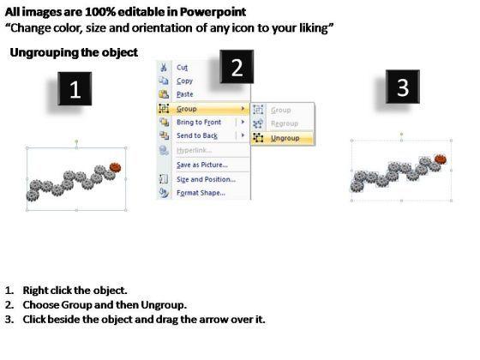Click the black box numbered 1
[75, 89]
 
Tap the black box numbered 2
[237, 67]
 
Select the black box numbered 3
[403, 87]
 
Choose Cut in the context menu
[182, 68]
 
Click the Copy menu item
[184, 81]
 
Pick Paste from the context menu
[185, 94]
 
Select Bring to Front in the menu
[199, 122]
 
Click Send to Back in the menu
[197, 135]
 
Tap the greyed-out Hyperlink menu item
[194, 150]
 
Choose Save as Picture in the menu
[202, 165]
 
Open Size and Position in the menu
[206, 179]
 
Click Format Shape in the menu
[201, 193]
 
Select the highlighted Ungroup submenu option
[285, 138]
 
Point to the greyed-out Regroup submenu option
[285, 123]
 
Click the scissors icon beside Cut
[164, 68]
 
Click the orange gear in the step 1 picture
[115, 167]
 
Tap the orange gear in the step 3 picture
[441, 159]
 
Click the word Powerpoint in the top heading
[213, 12]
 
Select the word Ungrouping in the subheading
[45, 52]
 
